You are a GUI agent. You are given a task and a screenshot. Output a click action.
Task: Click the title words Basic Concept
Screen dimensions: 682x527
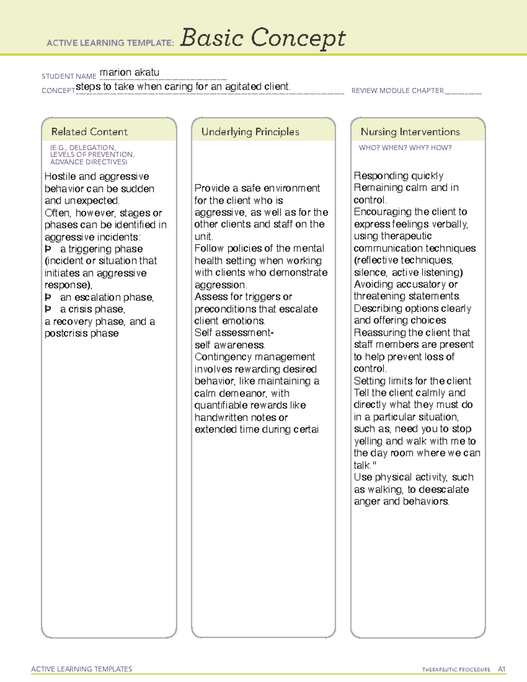click(263, 38)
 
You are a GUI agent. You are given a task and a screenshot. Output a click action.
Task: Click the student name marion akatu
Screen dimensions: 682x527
click(130, 72)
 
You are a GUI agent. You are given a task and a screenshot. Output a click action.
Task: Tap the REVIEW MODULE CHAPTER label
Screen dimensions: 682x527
click(397, 91)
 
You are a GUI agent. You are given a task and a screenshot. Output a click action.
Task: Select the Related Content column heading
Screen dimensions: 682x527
click(89, 132)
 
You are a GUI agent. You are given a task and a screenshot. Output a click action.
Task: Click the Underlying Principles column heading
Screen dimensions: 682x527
click(250, 132)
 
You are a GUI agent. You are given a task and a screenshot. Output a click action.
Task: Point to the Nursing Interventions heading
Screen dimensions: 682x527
click(410, 132)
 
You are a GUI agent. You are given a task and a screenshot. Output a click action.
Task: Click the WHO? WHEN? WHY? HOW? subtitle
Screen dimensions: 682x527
click(405, 148)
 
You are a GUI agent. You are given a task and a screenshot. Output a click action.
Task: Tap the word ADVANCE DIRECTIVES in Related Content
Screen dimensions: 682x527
click(88, 162)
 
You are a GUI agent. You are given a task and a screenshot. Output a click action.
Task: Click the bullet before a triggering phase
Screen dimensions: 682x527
click(48, 249)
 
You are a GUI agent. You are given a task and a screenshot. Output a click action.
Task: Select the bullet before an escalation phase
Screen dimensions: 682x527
click(48, 297)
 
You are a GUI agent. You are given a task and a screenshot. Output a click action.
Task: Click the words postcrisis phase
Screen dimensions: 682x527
click(82, 333)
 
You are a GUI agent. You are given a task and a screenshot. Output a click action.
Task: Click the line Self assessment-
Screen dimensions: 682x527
click(234, 333)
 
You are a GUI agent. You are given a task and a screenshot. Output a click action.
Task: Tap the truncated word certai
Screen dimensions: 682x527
click(306, 429)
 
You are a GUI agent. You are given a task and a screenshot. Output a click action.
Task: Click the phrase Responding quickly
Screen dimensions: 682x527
click(399, 176)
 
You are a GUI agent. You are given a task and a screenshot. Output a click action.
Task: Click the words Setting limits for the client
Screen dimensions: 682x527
click(412, 381)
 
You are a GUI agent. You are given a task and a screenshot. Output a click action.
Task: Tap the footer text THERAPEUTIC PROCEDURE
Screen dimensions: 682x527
click(456, 670)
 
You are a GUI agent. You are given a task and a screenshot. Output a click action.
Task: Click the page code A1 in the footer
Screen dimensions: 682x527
click(502, 669)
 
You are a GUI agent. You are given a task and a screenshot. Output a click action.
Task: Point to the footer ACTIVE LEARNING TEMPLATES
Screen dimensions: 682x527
click(82, 669)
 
